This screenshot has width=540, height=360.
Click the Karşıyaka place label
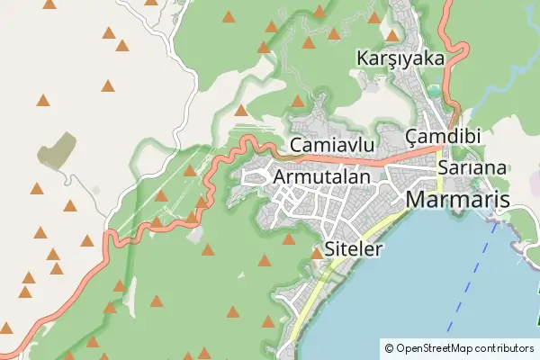coord(400,58)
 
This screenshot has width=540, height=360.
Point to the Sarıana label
coord(473,168)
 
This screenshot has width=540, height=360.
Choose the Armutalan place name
coord(320,178)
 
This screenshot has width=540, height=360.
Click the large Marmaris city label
coord(458,200)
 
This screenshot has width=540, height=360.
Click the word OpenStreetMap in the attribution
coord(446,347)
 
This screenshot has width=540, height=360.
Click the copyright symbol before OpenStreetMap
coord(389,347)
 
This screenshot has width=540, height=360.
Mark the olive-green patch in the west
coord(57,149)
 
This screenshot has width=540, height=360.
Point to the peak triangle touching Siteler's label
coord(317,255)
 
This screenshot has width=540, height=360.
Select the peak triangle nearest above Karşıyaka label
coord(374,18)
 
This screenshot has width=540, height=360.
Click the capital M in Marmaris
coord(418,200)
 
